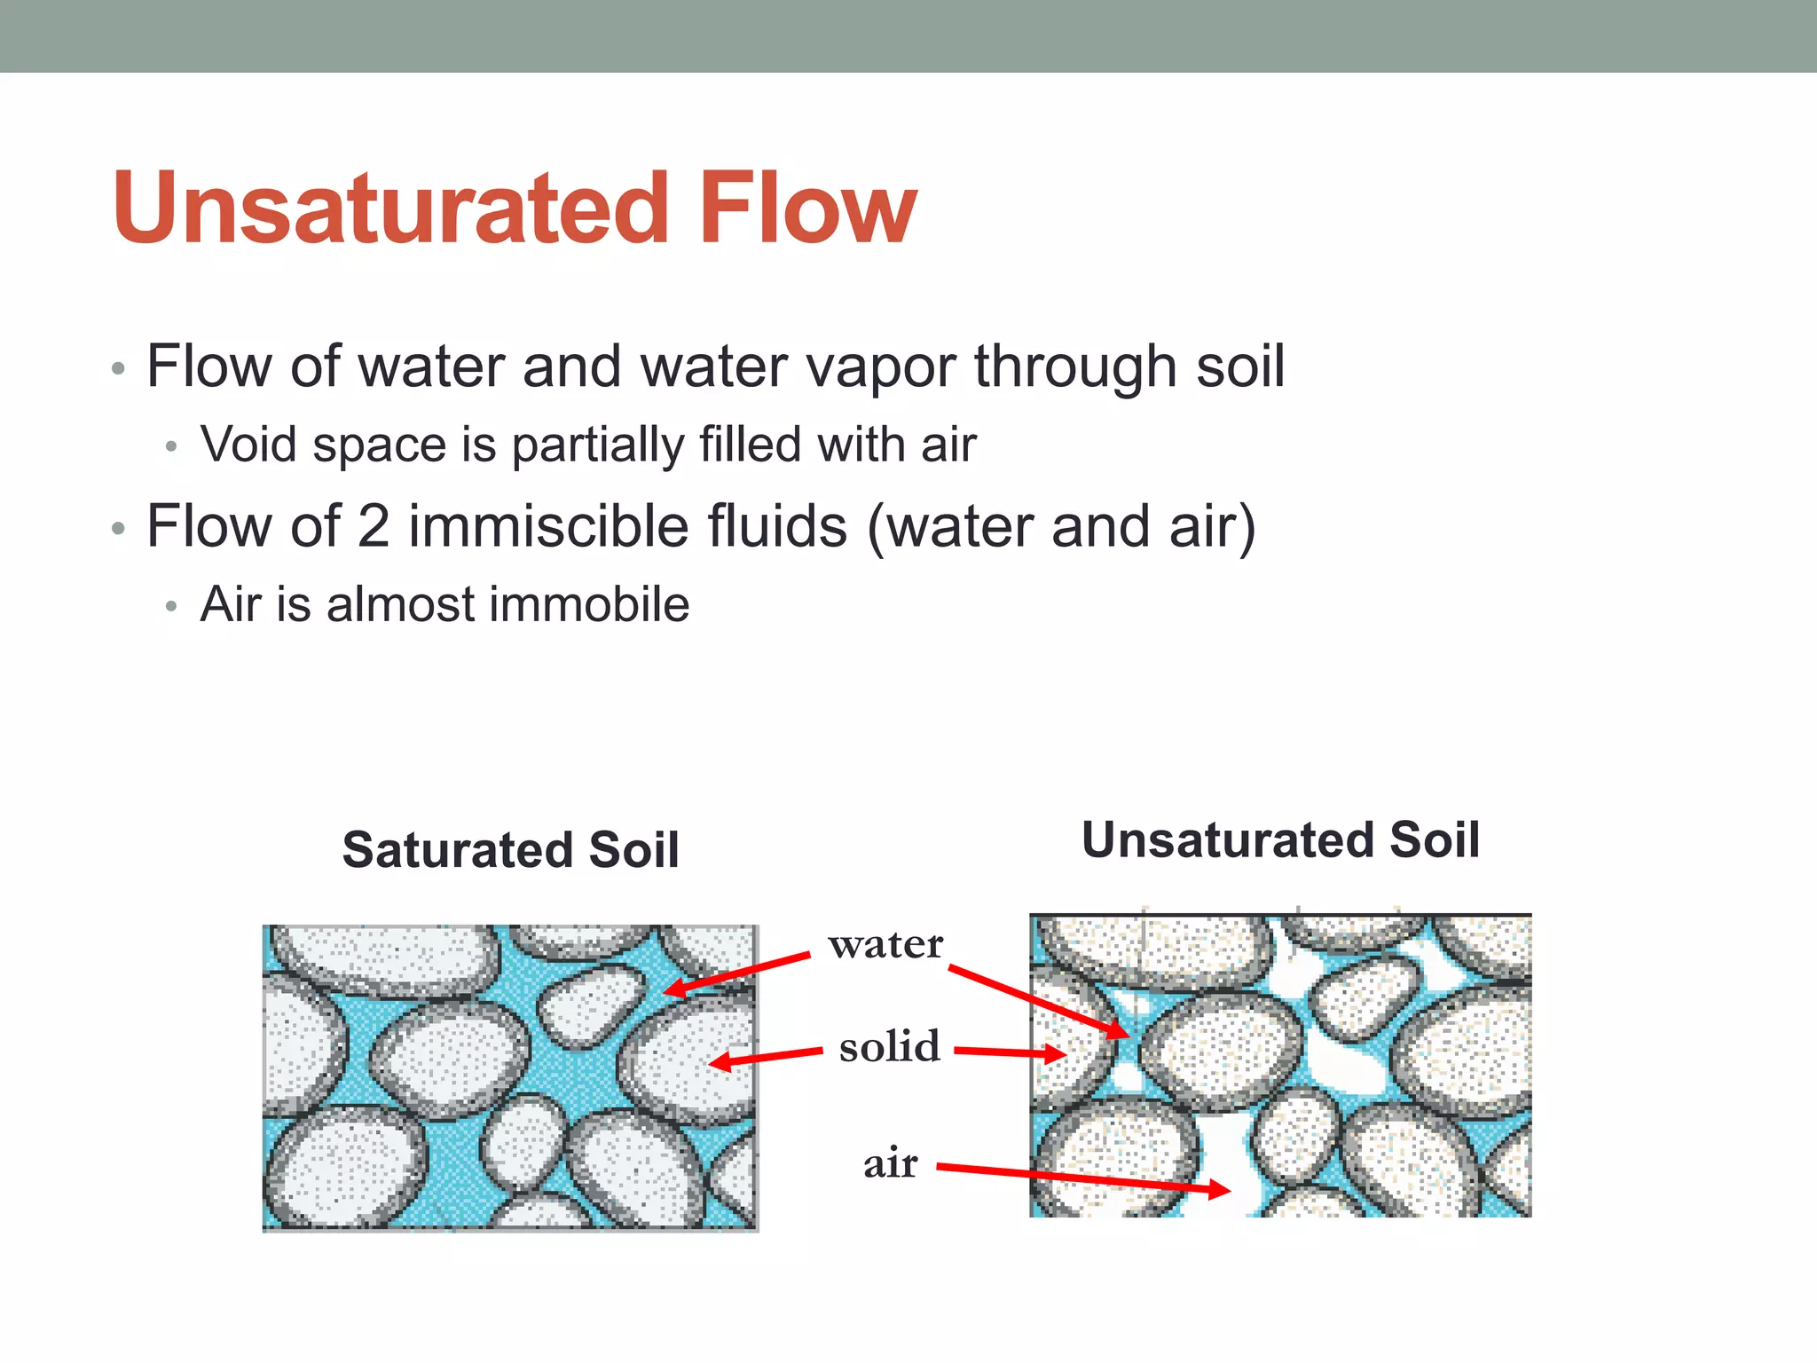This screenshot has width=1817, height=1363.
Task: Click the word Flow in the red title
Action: click(807, 209)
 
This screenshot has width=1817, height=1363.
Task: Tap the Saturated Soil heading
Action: click(510, 849)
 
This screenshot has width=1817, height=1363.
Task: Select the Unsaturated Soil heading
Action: click(1280, 839)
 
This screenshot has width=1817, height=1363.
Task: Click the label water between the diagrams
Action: click(885, 944)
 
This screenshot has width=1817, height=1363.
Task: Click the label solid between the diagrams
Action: click(889, 1046)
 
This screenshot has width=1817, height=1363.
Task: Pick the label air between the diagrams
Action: click(890, 1162)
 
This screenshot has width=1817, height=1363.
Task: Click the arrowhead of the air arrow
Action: click(1222, 1189)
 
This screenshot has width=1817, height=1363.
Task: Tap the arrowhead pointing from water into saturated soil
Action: click(674, 988)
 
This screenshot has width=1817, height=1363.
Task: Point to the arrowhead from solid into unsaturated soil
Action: click(1057, 1054)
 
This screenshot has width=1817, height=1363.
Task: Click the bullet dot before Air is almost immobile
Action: click(171, 607)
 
